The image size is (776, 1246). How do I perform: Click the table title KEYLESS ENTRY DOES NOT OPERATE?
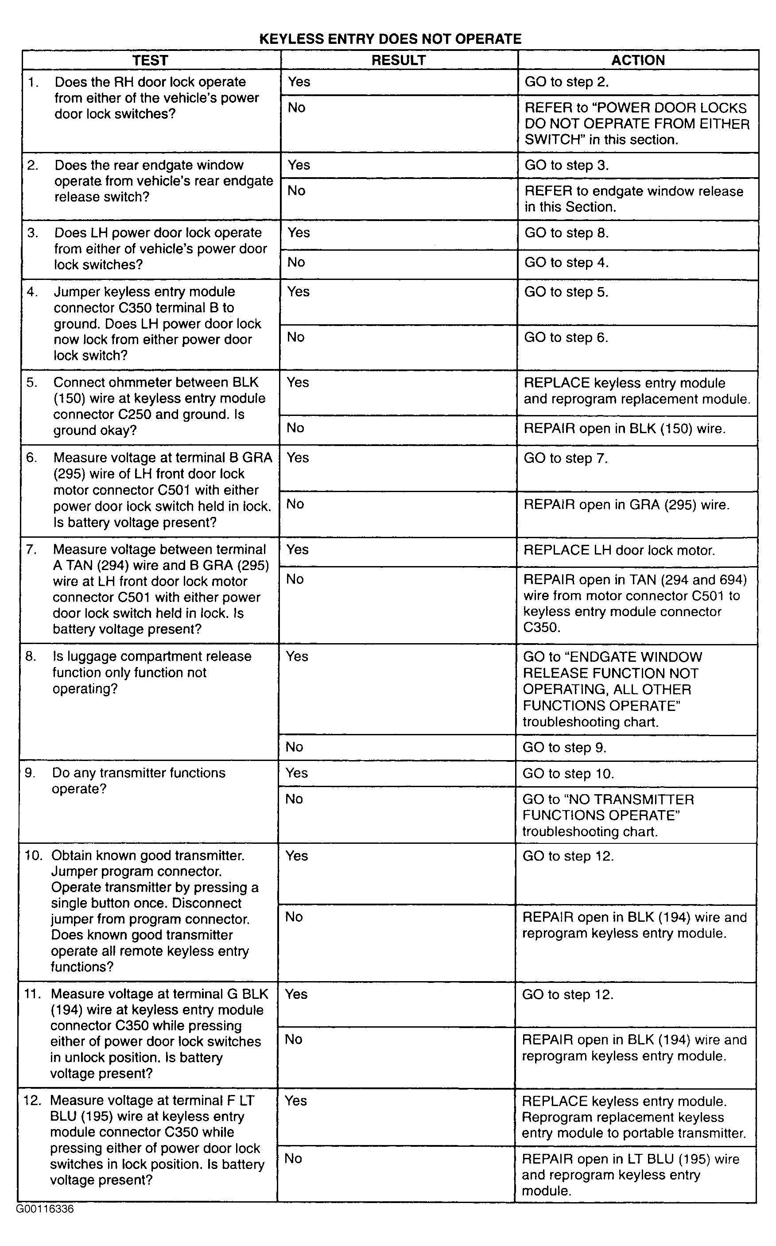(390, 39)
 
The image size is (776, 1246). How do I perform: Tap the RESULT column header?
(398, 60)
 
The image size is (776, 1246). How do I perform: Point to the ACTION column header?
(637, 60)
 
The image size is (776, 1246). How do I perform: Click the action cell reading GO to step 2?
(566, 82)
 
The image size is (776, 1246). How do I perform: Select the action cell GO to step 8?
(566, 233)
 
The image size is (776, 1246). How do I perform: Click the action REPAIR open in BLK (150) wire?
(624, 428)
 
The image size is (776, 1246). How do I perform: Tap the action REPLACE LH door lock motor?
(618, 550)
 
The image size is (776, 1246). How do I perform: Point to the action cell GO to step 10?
(568, 773)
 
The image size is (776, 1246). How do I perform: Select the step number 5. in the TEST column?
(32, 383)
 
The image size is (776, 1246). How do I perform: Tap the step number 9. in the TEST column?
(30, 773)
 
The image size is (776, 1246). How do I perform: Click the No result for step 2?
(296, 191)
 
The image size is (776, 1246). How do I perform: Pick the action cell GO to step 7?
(565, 458)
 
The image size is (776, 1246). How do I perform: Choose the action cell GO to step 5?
(566, 292)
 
